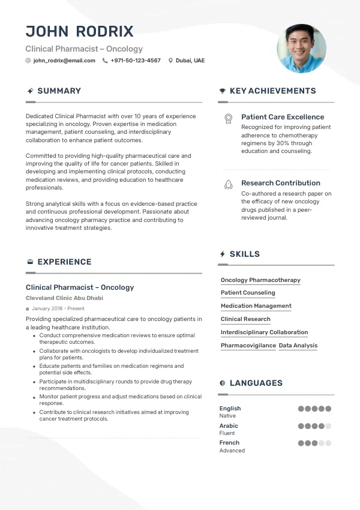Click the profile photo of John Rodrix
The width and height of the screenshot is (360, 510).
(x=301, y=49)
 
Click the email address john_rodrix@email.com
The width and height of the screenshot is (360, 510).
(x=64, y=61)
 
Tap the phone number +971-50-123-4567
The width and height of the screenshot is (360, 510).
(x=136, y=61)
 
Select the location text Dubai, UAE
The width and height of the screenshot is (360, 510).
(x=190, y=61)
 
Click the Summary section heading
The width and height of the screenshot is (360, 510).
(x=59, y=91)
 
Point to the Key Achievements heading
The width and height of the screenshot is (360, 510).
(x=272, y=91)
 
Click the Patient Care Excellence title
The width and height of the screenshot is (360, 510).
(x=283, y=117)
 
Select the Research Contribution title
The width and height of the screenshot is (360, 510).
(x=281, y=183)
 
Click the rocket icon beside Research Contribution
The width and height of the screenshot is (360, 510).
(x=228, y=185)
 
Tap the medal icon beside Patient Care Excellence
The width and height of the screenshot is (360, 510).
(x=228, y=119)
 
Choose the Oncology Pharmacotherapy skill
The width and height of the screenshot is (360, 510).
(x=260, y=280)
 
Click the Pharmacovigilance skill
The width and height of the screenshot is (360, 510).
(x=248, y=346)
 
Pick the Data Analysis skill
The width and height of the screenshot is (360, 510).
(x=298, y=346)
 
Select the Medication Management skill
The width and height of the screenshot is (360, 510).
(x=256, y=306)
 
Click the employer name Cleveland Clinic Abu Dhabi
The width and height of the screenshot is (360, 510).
(x=64, y=298)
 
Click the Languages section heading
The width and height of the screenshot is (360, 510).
(x=256, y=383)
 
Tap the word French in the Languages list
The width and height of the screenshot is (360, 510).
(x=229, y=443)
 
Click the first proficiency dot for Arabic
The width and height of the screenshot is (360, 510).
(x=301, y=426)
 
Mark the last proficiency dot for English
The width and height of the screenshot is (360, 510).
(x=328, y=409)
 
